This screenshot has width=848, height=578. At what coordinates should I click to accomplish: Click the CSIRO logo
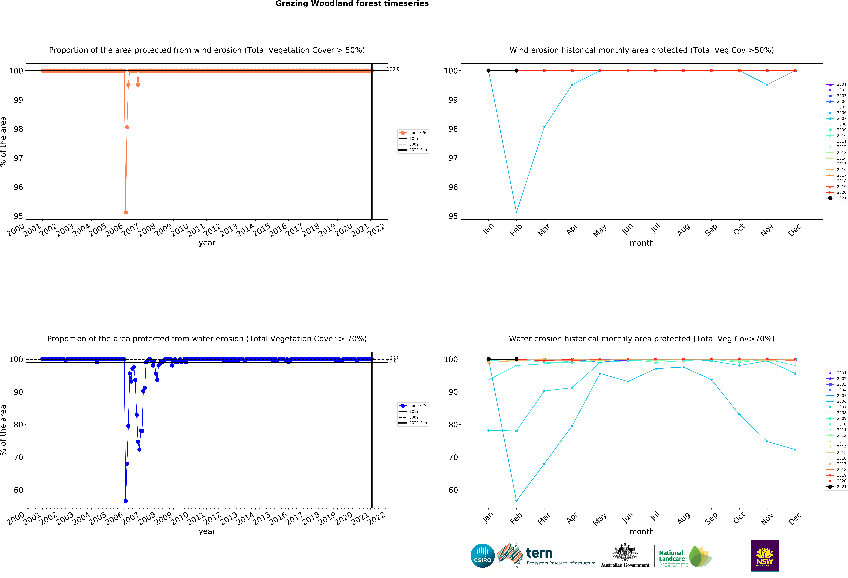(x=482, y=556)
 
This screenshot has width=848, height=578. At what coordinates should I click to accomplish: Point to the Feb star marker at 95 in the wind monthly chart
(x=516, y=212)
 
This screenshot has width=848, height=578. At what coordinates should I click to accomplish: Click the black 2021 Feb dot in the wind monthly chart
(x=516, y=71)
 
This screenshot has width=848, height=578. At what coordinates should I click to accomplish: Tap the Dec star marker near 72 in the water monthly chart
(x=795, y=450)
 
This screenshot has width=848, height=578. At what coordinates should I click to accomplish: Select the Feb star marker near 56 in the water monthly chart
(x=516, y=501)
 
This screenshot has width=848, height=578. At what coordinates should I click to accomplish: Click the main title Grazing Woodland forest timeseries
(x=352, y=4)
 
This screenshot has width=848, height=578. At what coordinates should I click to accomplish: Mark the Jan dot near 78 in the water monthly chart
(x=489, y=431)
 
